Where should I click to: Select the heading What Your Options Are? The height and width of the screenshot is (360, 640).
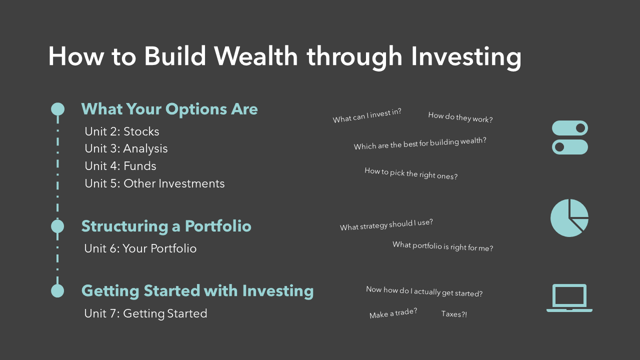169,109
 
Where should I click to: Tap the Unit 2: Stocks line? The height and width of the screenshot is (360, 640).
122,131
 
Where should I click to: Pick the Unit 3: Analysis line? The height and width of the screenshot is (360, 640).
126,149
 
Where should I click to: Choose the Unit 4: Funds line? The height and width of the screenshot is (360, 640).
120,166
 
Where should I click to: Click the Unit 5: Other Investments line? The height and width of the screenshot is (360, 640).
154,183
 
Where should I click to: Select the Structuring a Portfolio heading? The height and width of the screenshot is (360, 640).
166,226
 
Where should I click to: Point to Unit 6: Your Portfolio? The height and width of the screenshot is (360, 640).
140,248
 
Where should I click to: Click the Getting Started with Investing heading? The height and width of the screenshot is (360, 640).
197,291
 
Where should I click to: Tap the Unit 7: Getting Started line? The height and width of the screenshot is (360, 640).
145,313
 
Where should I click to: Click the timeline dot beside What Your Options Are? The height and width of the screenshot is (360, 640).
57,109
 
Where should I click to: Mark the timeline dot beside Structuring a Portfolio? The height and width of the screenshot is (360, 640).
57,226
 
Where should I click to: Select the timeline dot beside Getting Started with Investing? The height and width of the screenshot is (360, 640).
57,291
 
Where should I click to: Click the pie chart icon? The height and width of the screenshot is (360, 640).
568,218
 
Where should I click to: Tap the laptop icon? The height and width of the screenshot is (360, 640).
569,298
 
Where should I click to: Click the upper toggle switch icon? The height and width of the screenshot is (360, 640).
569,128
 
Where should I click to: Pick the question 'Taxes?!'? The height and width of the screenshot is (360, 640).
454,314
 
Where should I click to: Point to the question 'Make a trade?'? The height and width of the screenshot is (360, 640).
393,313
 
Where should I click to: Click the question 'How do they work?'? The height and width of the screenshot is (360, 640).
460,117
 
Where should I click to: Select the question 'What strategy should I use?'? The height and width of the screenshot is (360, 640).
386,224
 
